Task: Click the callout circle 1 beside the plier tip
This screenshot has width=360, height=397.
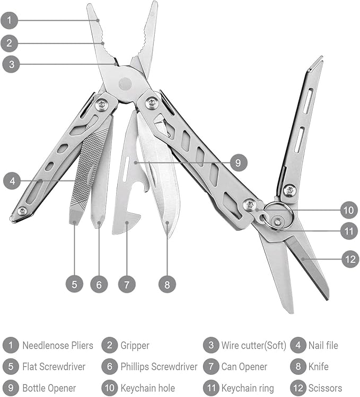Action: click(9, 21)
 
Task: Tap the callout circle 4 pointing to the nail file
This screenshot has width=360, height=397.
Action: click(12, 180)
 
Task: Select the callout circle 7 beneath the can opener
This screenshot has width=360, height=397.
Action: click(127, 284)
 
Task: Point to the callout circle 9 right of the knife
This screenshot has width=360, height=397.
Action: click(238, 162)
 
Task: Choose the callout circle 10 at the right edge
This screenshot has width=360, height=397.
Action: click(348, 210)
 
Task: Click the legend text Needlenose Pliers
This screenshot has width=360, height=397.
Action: click(57, 346)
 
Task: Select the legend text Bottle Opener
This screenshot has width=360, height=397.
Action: click(49, 388)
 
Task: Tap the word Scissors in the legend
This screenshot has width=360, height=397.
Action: click(325, 388)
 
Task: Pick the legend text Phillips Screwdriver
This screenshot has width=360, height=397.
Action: click(159, 367)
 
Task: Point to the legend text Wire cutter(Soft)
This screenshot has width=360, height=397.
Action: click(253, 346)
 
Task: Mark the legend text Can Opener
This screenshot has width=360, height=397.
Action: click(244, 367)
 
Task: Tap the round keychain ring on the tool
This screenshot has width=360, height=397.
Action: click(277, 215)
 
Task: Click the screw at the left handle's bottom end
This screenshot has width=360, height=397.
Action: click(22, 212)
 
